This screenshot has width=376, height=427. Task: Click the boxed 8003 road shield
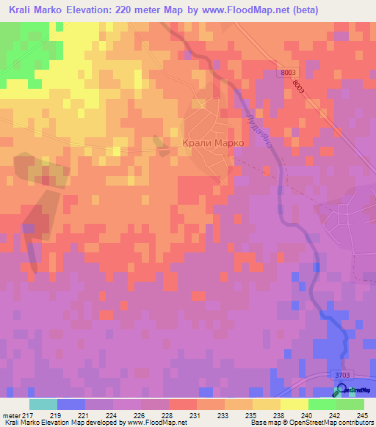(x=289, y=72)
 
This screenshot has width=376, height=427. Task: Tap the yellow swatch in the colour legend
(x=294, y=404)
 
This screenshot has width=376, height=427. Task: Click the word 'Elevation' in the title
(x=82, y=10)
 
